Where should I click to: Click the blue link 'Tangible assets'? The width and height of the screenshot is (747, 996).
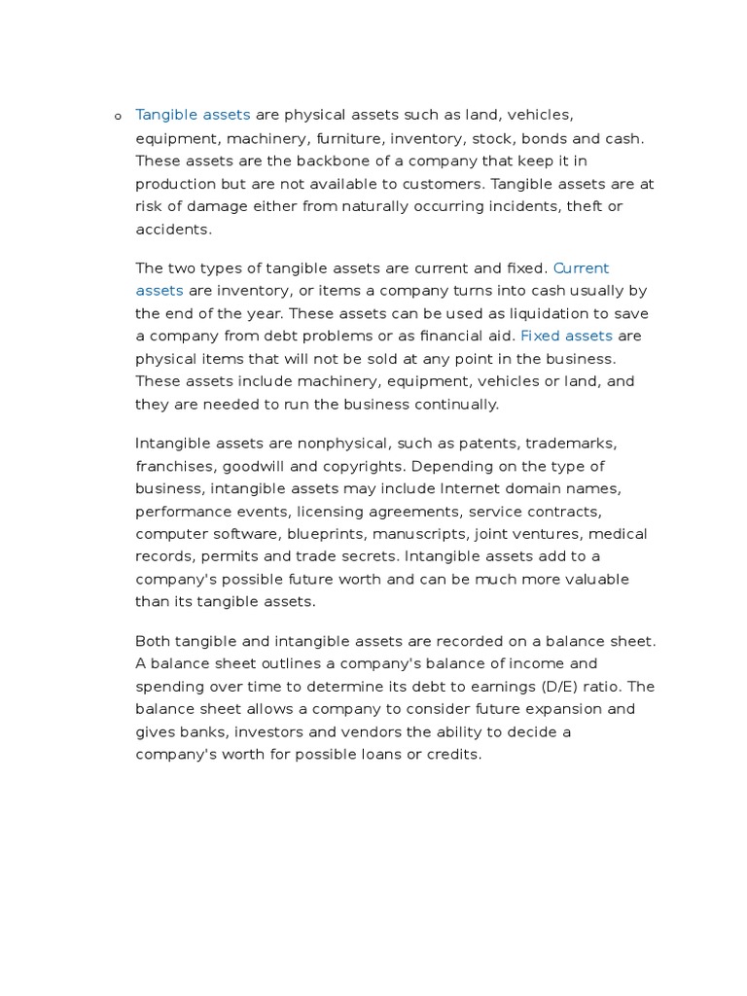[x=193, y=116]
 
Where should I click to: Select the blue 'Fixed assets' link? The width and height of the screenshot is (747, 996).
[x=566, y=337]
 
